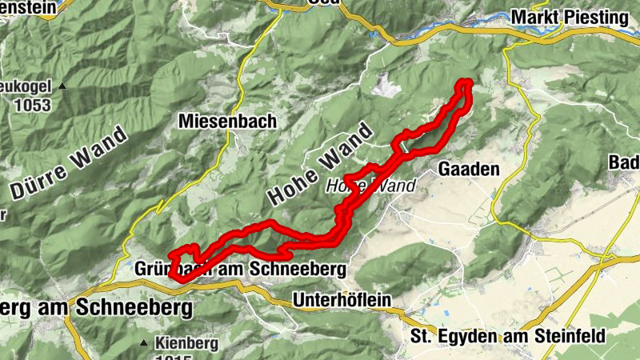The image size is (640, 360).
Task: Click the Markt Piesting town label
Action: click(x=569, y=17)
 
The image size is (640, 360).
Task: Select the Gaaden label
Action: click(x=469, y=169)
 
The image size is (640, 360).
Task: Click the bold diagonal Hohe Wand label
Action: click(x=320, y=162)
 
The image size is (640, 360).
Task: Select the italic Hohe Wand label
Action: click(x=370, y=186)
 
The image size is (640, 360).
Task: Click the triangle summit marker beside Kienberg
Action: click(x=144, y=343)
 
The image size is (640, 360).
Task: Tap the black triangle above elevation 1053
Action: click(x=61, y=86)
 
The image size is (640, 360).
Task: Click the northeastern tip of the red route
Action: click(x=464, y=82)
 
